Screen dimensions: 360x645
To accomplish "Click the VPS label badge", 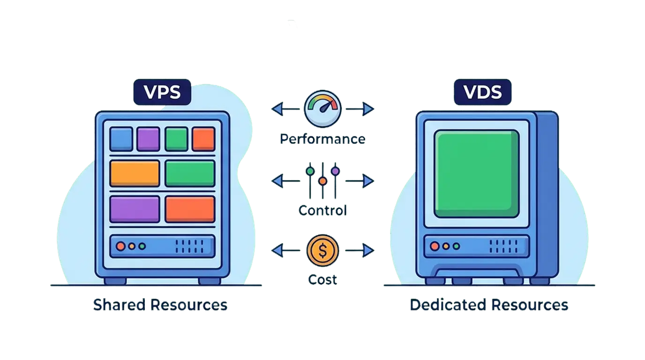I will tap(162, 92).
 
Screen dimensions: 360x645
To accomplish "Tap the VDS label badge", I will tap(482, 92).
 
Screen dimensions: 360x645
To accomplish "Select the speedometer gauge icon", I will tap(322, 109).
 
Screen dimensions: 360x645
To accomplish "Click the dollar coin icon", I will tap(322, 250).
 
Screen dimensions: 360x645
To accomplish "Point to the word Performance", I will tap(322, 139).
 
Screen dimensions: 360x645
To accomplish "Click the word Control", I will tap(322, 210).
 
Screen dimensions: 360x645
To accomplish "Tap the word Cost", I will tap(322, 280).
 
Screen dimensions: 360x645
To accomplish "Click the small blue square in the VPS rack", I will tap(121, 139).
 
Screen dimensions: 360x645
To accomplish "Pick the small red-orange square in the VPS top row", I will tap(203, 139).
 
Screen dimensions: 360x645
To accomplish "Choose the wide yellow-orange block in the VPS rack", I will tap(135, 173).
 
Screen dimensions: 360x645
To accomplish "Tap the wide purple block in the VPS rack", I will tap(135, 209).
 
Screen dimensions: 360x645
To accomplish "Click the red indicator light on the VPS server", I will tap(121, 246).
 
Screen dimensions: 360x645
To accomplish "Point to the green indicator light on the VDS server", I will tap(456, 246).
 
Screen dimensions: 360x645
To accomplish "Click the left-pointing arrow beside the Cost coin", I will tap(277, 251).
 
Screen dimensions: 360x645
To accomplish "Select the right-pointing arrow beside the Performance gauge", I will tap(368, 109).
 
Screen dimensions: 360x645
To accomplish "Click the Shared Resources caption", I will tap(161, 306).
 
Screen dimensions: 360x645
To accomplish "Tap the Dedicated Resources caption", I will tap(489, 306).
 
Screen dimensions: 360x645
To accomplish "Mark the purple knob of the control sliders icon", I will tap(335, 171).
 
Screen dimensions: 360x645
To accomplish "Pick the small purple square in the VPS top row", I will tap(149, 139).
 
